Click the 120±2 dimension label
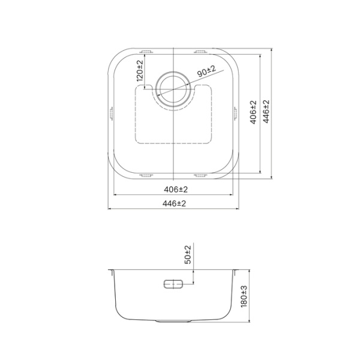140,71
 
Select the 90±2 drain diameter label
206,72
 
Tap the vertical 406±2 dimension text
253,112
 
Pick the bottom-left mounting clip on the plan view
146,176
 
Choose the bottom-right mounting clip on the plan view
200,176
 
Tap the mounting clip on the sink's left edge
111,113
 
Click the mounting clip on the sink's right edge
236,113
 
